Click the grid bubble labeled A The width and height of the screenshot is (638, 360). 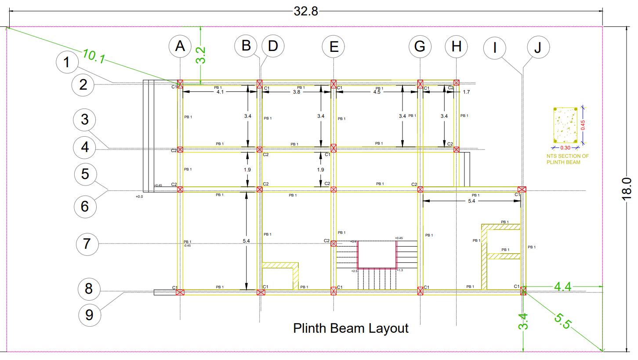[180, 46]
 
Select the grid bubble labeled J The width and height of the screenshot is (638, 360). [538, 47]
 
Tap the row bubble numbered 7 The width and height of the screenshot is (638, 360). [87, 244]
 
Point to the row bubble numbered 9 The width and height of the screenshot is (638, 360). [89, 315]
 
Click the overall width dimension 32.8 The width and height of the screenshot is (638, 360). [305, 11]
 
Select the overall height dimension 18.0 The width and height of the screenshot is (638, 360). [627, 189]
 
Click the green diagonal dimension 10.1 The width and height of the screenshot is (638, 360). [94, 56]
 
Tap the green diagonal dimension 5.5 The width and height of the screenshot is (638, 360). [562, 320]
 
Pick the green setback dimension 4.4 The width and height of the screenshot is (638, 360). [562, 287]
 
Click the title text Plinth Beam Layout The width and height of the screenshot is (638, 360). [351, 328]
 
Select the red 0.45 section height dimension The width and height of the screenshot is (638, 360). [583, 125]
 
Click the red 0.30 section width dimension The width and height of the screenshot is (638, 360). [565, 148]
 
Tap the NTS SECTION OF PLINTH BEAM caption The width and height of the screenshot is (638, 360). [567, 159]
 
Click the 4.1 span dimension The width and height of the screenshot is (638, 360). [220, 92]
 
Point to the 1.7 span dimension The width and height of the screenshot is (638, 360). [466, 92]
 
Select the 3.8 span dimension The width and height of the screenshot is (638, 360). [297, 92]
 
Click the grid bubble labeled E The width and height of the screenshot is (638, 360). [333, 46]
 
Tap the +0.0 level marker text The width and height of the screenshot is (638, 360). [139, 196]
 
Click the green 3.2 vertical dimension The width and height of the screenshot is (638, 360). [201, 55]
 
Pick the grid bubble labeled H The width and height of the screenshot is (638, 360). [456, 46]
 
